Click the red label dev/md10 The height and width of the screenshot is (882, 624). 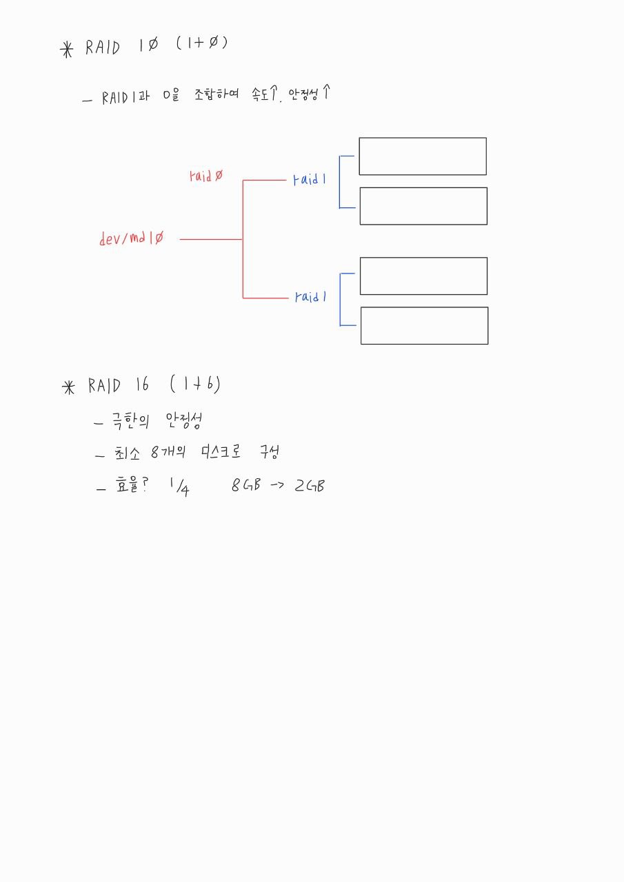132,238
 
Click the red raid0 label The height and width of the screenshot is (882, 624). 205,176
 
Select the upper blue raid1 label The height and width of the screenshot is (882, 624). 310,180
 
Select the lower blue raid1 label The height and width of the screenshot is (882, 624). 310,297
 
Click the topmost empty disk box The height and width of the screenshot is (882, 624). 422,156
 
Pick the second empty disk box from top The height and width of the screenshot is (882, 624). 423,206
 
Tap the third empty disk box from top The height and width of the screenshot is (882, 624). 423,276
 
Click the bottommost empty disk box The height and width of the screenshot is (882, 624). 424,325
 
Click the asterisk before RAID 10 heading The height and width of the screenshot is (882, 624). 67,50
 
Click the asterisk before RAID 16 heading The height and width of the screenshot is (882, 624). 68,388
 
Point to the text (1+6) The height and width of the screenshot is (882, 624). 194,384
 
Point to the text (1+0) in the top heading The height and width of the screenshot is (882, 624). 201,44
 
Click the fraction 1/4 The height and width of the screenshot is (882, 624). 179,486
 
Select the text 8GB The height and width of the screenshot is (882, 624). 246,485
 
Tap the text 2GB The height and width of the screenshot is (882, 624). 309,485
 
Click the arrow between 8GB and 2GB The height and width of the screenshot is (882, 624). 277,485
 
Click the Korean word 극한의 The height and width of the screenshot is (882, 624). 133,420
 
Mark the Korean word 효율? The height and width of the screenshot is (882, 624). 130,486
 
